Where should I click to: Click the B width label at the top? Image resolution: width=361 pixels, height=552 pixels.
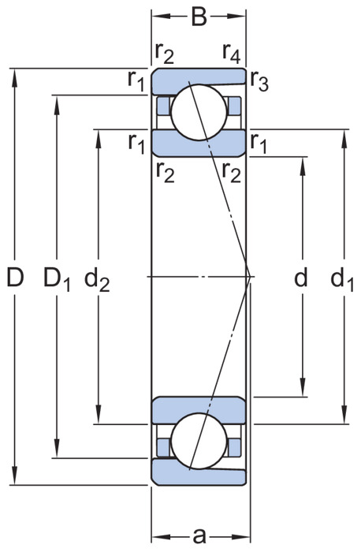click(x=199, y=17)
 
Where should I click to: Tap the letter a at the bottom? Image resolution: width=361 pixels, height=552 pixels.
click(x=199, y=535)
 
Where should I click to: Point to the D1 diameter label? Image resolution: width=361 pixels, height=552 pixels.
click(x=57, y=278)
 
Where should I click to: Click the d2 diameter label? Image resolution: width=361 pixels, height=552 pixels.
click(x=97, y=279)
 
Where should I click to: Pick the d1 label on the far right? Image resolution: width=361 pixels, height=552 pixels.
click(x=342, y=279)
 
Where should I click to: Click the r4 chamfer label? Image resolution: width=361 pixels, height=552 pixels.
click(x=231, y=53)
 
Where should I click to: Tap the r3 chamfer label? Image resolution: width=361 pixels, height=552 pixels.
click(x=259, y=81)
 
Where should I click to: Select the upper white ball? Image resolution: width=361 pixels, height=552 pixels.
click(x=199, y=112)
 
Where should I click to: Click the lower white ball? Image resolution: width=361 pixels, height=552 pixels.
click(x=199, y=441)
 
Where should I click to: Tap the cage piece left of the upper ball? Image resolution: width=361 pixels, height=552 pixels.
click(x=163, y=106)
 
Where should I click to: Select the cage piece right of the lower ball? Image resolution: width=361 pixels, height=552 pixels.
click(x=235, y=447)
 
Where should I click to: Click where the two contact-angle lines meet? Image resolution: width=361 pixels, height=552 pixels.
click(x=250, y=277)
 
